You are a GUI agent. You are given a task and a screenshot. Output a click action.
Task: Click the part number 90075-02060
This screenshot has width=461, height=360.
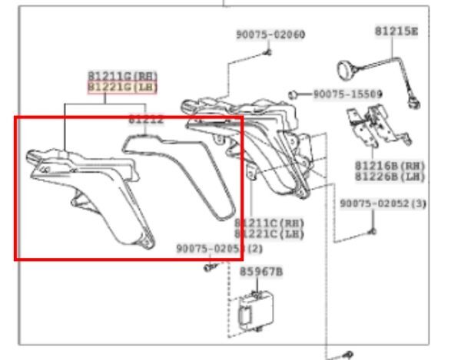tap(270, 35)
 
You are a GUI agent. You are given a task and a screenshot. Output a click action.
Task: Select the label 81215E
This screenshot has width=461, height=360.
tap(396, 31)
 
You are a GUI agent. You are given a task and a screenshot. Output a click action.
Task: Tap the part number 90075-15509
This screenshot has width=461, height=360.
tap(347, 94)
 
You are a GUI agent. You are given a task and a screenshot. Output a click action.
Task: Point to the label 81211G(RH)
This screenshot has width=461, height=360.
tap(122, 77)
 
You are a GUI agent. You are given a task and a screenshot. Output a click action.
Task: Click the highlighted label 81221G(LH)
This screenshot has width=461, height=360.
tap(122, 88)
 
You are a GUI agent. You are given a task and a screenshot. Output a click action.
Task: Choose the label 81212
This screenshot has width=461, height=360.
tap(146, 119)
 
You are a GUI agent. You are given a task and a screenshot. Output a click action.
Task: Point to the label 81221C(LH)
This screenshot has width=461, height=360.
tap(270, 233)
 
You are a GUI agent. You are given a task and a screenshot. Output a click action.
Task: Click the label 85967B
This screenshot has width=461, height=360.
tap(261, 272)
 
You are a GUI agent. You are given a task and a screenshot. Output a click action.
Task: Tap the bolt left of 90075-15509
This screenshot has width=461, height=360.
tap(295, 94)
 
